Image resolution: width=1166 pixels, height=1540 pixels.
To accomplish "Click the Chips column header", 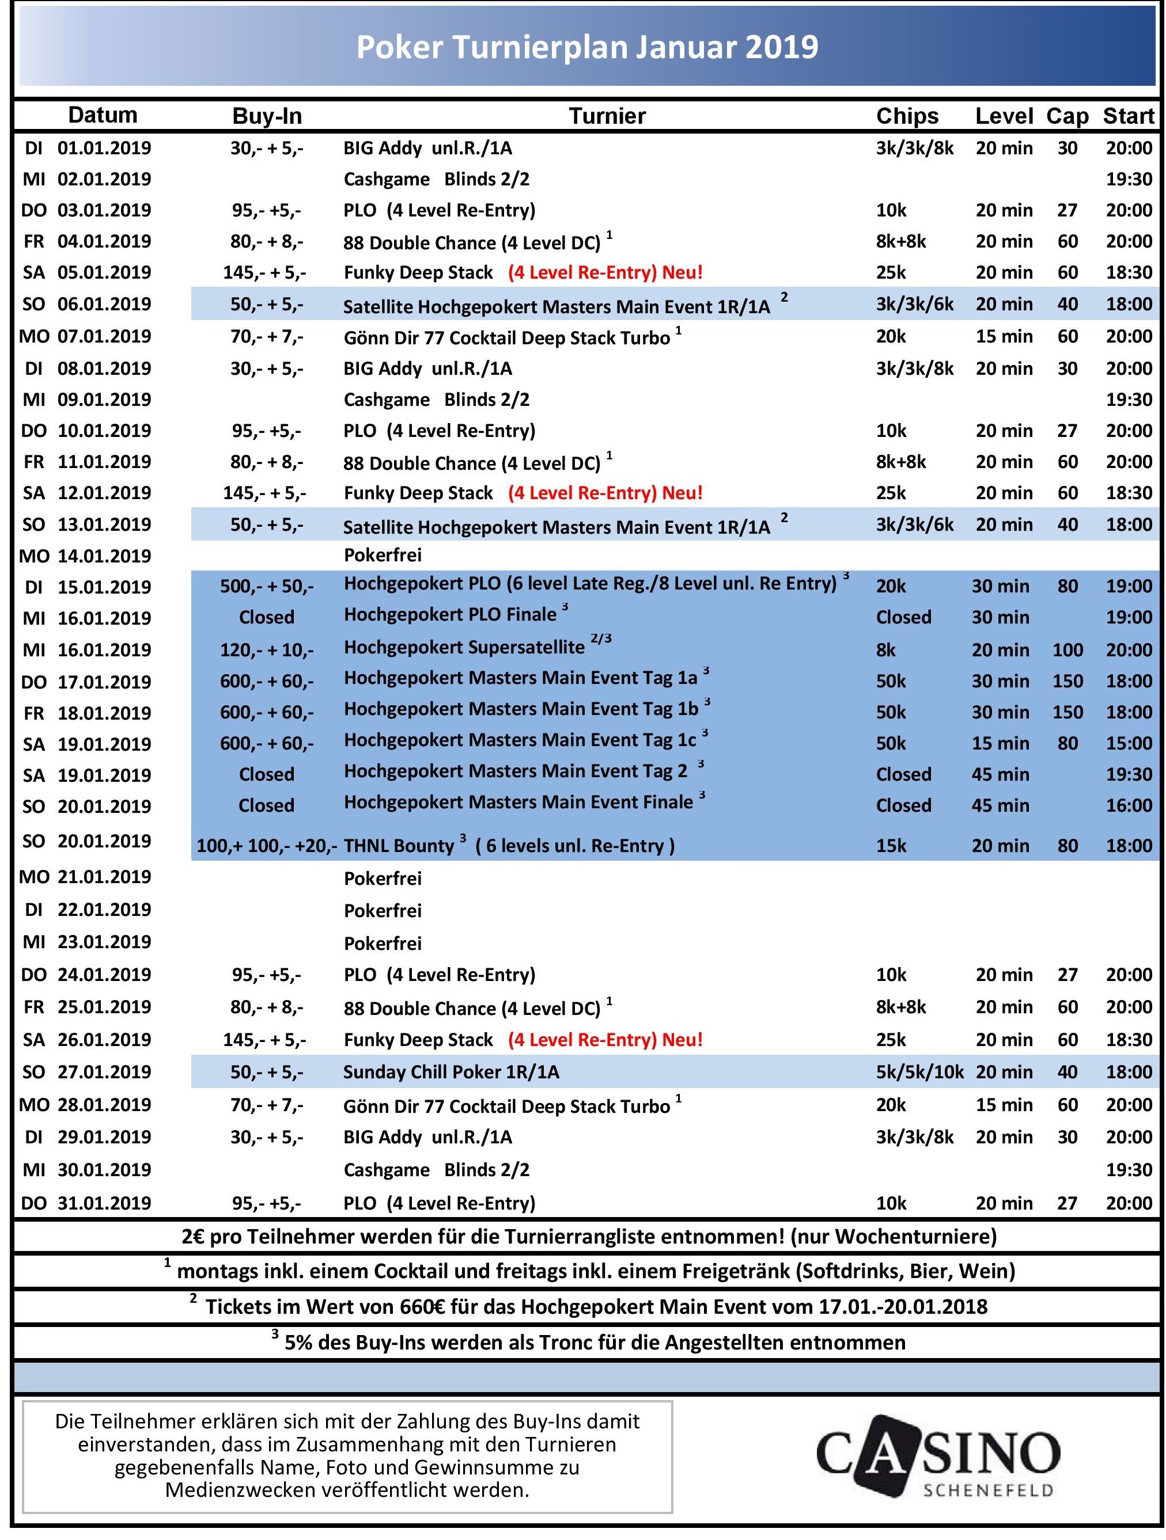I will tap(907, 116).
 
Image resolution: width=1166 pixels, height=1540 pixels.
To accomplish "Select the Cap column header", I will tap(1066, 116).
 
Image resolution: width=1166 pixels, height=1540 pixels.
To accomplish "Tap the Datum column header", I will tap(103, 115).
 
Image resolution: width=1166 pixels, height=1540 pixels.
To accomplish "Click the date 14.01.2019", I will tap(104, 556).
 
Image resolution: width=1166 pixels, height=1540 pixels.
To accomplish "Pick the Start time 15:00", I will tap(1129, 743).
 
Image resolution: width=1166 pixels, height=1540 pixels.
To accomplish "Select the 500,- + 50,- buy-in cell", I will tap(267, 586).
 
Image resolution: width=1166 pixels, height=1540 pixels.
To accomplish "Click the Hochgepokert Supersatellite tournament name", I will tap(464, 648).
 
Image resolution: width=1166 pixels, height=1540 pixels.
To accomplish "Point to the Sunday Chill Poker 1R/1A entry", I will tap(450, 1071).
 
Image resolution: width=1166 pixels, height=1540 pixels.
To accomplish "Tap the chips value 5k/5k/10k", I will tap(919, 1071).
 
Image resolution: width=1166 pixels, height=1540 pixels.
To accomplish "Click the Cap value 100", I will tap(1067, 649).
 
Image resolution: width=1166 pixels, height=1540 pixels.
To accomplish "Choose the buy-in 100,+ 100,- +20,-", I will tap(267, 846).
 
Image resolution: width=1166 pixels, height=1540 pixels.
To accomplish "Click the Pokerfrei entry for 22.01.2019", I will tap(383, 911).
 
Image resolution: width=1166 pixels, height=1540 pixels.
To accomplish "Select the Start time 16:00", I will tap(1129, 805).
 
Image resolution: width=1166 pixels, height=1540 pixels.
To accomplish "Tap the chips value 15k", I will tap(891, 846).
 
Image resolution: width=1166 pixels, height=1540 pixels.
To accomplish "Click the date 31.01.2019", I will tap(104, 1203).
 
